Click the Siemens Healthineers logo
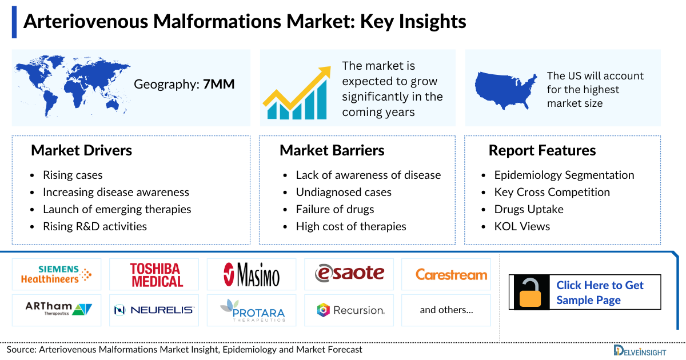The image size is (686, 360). tap(56, 274)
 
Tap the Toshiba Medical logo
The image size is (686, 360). tap(154, 275)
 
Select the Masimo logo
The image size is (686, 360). tap(252, 275)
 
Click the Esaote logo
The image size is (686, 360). tap(349, 274)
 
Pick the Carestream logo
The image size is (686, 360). tap(451, 275)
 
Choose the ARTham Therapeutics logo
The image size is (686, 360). tap(56, 310)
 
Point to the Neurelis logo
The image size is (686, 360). tap(154, 310)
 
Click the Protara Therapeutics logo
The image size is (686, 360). tap(252, 310)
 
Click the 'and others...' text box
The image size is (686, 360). tap(446, 310)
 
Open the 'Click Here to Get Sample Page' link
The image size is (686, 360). tap(600, 293)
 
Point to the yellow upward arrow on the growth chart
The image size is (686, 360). tap(303, 86)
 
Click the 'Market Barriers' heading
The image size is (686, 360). tap(332, 151)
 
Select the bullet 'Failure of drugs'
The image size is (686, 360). tap(335, 209)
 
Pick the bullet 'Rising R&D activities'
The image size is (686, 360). tap(94, 226)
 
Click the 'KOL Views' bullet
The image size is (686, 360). tap(522, 226)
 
